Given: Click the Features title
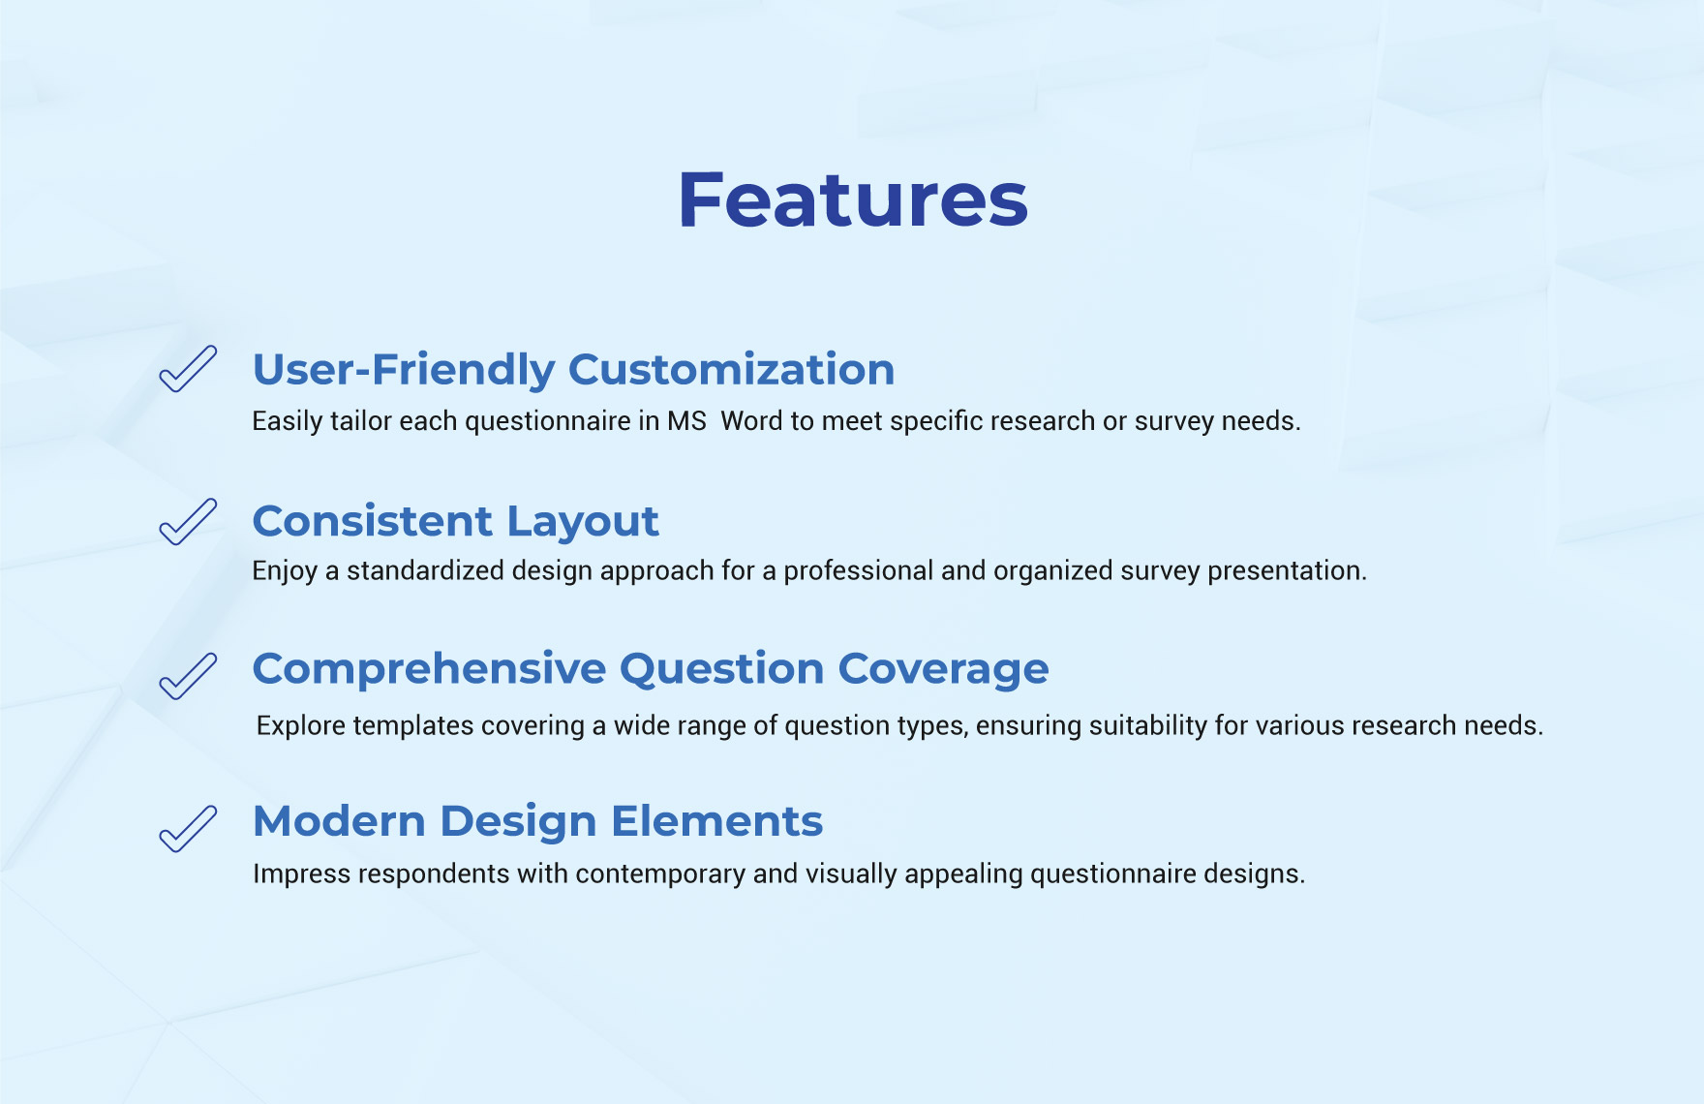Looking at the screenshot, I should [x=852, y=199].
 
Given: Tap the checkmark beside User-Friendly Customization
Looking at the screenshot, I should [x=188, y=369].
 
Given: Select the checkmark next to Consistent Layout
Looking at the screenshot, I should [x=188, y=522].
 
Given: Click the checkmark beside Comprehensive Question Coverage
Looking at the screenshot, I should [x=188, y=676].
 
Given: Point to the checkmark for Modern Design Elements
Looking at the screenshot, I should [x=188, y=829].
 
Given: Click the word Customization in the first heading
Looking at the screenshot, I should [x=731, y=370].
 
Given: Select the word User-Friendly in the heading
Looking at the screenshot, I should [x=404, y=370].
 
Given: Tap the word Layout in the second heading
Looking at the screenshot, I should [x=583, y=523].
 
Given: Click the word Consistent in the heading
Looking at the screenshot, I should [x=373, y=522].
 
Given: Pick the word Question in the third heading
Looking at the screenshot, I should [x=721, y=669].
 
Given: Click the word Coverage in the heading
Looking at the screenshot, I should [x=943, y=670].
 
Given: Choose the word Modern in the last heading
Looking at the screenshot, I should [x=339, y=821].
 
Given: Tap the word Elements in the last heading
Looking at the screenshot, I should [x=716, y=821].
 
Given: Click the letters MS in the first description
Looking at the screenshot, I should [x=686, y=421].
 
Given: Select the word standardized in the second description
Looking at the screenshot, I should [x=425, y=571].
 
